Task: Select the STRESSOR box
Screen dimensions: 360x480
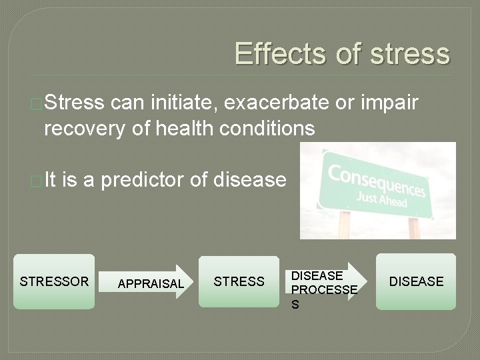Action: [x=54, y=281]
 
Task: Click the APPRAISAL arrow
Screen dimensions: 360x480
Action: [x=149, y=283]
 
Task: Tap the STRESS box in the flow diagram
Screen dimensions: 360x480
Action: [x=239, y=281]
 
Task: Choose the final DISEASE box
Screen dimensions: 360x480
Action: [x=416, y=281]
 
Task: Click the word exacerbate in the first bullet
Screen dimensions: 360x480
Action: [x=277, y=103]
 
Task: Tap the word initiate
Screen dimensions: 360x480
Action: [x=183, y=103]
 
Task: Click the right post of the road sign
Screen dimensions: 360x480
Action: [x=414, y=227]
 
